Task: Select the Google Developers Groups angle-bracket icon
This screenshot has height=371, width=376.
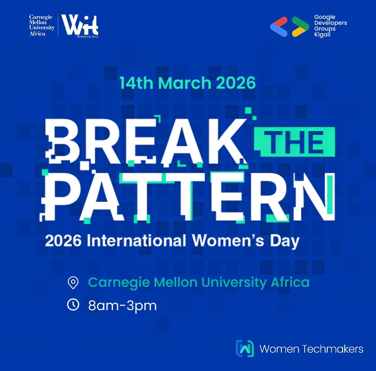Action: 289,26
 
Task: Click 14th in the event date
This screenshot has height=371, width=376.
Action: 136,83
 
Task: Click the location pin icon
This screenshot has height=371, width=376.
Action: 73,283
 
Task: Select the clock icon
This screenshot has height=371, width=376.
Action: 73,305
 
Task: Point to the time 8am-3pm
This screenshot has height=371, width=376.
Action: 123,306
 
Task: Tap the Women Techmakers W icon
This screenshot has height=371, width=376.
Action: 245,349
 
